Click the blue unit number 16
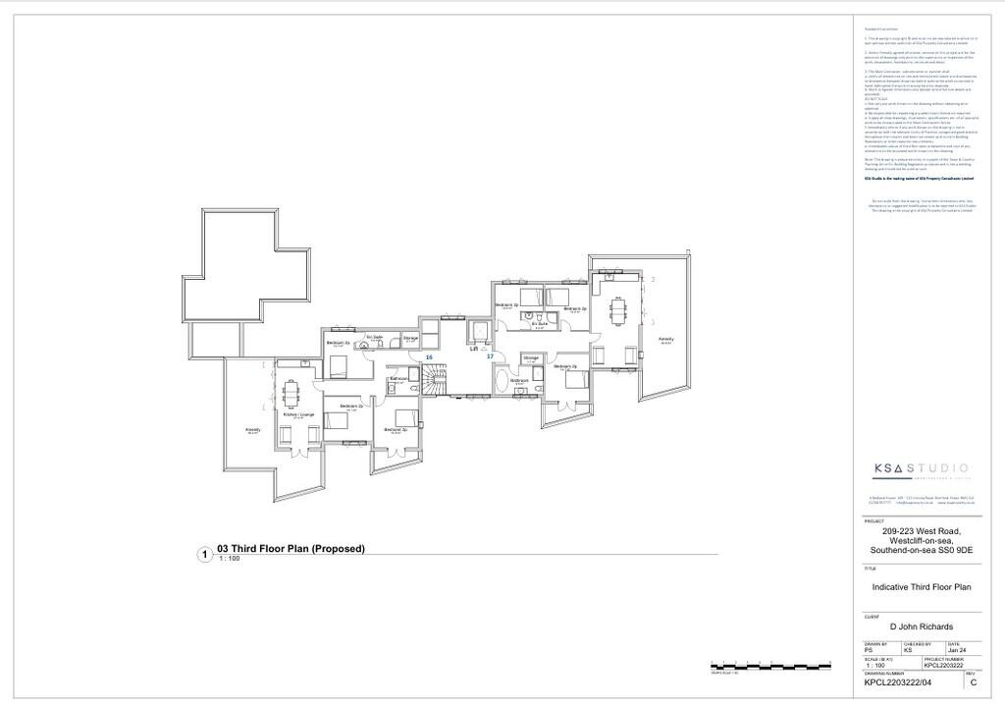pos(429,356)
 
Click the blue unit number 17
pos(490,356)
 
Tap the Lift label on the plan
pos(473,349)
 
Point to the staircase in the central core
pos(436,377)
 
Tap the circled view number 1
pos(205,555)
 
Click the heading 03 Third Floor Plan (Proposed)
pos(291,549)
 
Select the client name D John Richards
pos(921,627)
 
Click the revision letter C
pos(973,682)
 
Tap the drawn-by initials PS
pos(868,650)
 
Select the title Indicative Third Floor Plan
pos(921,587)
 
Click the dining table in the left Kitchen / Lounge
pos(291,393)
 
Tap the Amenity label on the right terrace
pos(665,339)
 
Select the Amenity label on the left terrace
pos(252,430)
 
